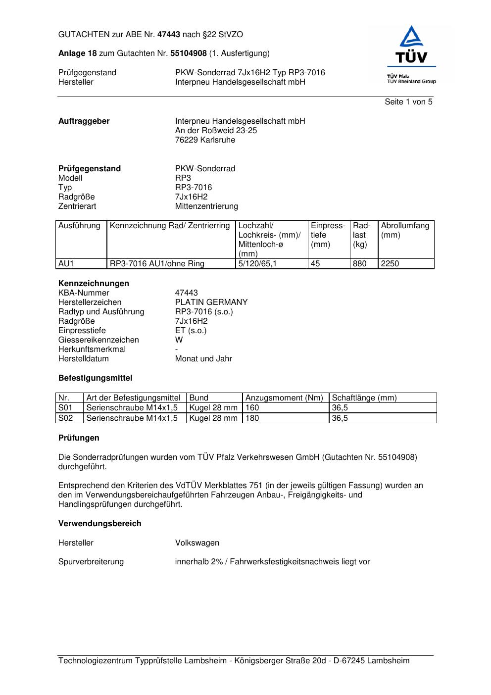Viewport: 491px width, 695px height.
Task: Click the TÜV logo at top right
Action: coord(411,53)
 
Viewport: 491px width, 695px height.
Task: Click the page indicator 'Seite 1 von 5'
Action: coord(408,102)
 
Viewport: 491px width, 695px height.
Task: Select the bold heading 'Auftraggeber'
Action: coord(84,121)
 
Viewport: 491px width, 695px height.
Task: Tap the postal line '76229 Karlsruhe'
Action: coord(205,140)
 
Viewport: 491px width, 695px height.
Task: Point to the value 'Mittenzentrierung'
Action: coord(206,206)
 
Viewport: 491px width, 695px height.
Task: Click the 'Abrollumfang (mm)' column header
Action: coord(405,230)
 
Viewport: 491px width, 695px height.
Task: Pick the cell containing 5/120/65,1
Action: coord(257,264)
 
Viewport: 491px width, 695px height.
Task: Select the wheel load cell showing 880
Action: coord(360,264)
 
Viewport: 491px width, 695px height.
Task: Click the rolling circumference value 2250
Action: coord(390,264)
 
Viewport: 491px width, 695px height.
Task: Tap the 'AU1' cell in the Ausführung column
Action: coord(66,264)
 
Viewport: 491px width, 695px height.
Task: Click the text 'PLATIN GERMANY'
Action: coord(211,302)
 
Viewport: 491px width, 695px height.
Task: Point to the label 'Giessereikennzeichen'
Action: coord(98,340)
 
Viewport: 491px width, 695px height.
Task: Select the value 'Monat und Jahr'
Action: coord(203,359)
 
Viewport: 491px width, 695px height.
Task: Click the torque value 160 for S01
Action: coord(252,408)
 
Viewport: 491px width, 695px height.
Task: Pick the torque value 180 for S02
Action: coord(252,418)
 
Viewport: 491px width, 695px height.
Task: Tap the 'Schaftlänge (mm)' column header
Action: coord(364,398)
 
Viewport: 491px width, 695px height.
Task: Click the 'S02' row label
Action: coord(65,418)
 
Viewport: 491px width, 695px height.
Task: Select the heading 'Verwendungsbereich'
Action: coord(99,524)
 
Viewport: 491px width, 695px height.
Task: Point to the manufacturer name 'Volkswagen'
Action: coord(197,543)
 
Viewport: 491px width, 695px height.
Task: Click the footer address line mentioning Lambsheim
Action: coord(234,661)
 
